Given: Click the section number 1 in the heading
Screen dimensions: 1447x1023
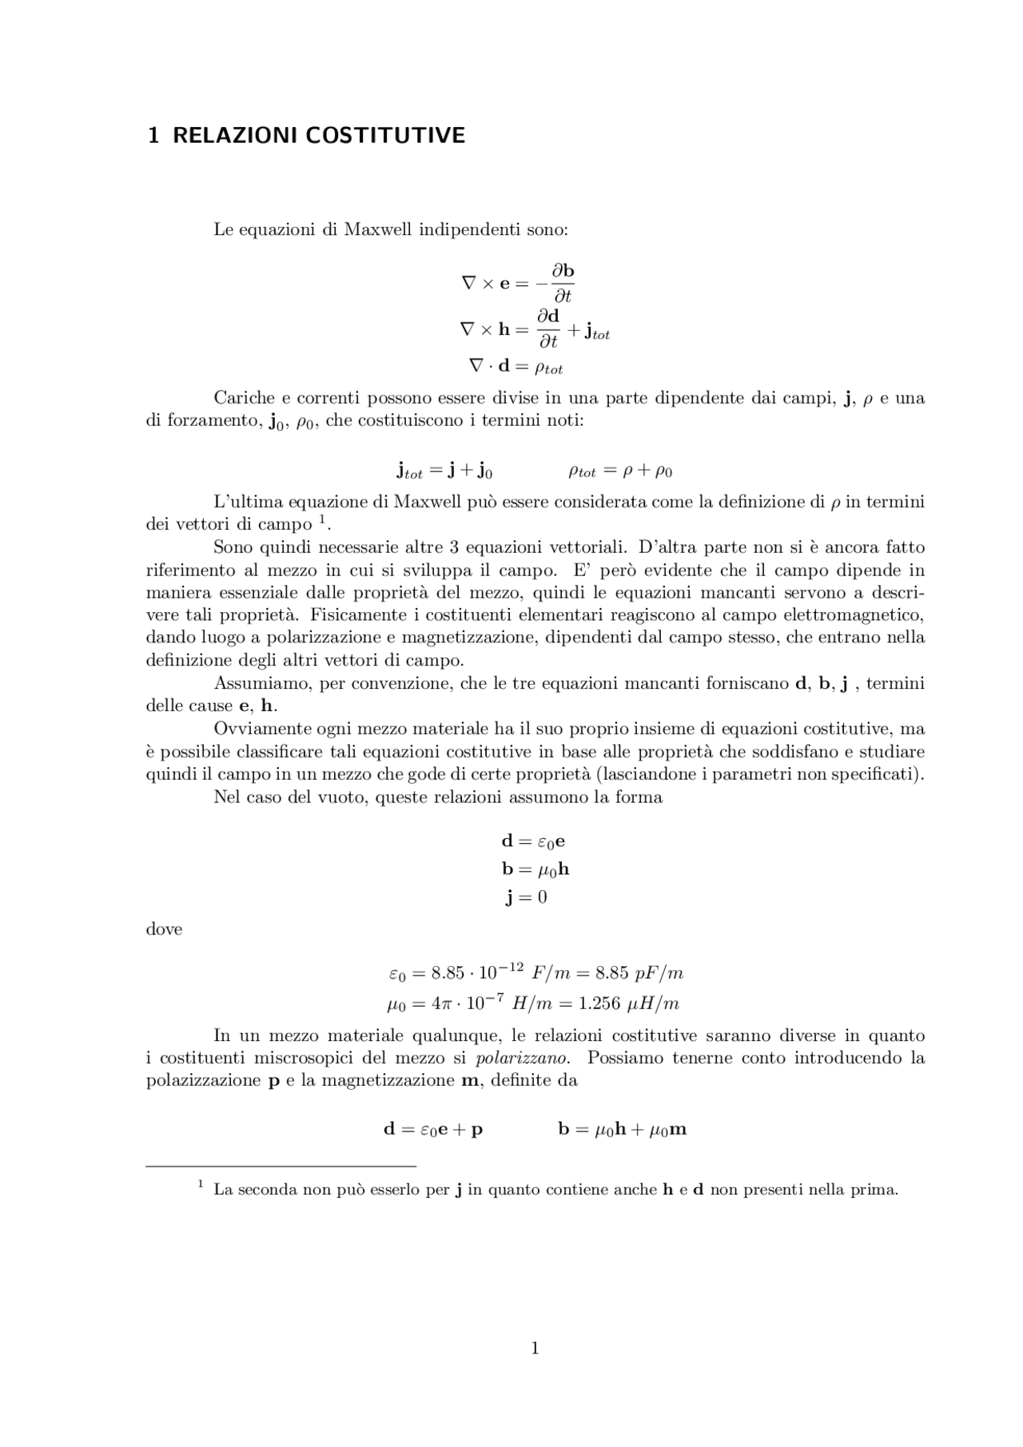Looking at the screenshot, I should [x=153, y=136].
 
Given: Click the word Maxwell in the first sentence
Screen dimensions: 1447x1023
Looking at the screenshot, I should [x=377, y=230].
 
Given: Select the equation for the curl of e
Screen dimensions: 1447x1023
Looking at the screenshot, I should [x=518, y=283].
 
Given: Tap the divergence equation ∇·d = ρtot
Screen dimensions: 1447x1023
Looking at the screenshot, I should [x=515, y=367].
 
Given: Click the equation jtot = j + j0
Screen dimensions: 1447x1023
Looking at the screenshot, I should [x=444, y=471].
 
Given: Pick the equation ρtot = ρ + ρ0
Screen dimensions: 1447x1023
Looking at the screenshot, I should [x=620, y=471].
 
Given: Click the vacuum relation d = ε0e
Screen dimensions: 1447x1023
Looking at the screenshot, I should [x=533, y=841].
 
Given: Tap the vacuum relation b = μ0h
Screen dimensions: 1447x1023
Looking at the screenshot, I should [x=535, y=869].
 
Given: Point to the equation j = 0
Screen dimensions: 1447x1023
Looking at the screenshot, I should [x=527, y=897].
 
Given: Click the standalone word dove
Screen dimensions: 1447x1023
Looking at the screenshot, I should [x=164, y=929].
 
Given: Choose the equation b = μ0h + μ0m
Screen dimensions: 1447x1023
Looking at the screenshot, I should [x=622, y=1130].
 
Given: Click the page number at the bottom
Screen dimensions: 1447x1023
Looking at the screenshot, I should [x=535, y=1349].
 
